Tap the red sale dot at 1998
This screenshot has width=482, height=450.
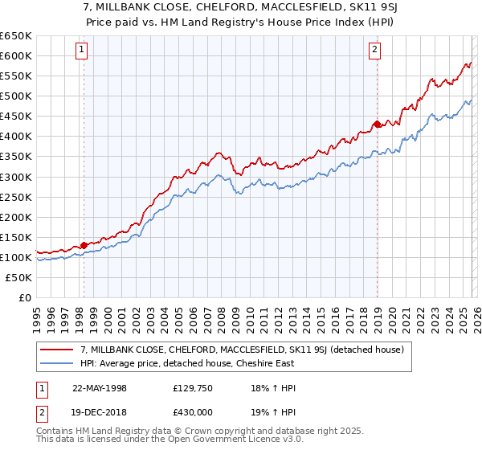click(x=84, y=245)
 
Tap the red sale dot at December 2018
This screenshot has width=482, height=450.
click(x=377, y=124)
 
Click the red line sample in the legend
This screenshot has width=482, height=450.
click(x=57, y=350)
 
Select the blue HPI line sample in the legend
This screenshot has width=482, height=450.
click(x=57, y=363)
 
